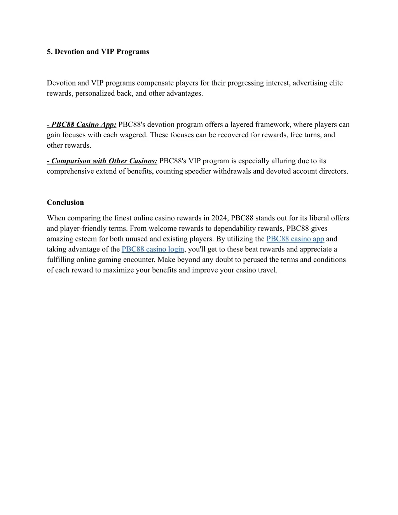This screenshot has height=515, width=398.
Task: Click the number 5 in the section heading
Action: click(49, 52)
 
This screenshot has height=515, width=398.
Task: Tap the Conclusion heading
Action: click(65, 203)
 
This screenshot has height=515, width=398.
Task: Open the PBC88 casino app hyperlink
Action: click(295, 239)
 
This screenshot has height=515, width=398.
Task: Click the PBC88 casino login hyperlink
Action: click(153, 250)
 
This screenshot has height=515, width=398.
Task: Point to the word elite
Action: click(336, 83)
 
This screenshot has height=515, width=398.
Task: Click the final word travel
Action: click(267, 270)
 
